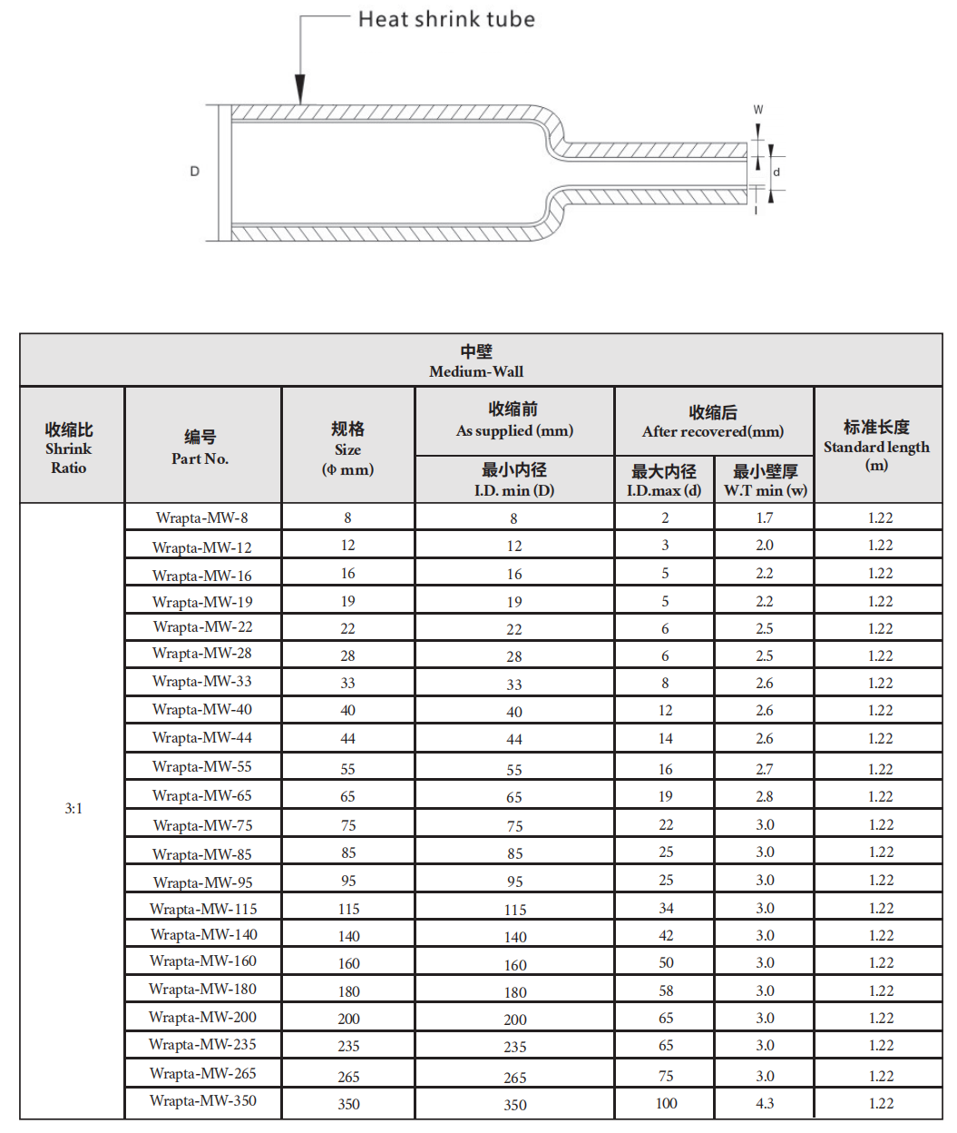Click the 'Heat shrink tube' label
click(x=446, y=19)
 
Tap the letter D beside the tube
click(x=194, y=171)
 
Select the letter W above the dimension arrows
click(x=758, y=110)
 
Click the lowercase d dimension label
click(x=776, y=172)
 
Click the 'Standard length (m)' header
click(x=876, y=446)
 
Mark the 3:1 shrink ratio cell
click(x=73, y=808)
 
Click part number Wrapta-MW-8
click(x=201, y=517)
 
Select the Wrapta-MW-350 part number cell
click(x=203, y=1100)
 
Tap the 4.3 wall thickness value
click(x=765, y=1103)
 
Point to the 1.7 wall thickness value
click(x=765, y=517)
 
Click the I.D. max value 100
click(x=666, y=1103)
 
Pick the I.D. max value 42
click(x=666, y=935)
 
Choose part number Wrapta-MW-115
click(x=203, y=909)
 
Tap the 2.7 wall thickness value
click(x=765, y=769)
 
